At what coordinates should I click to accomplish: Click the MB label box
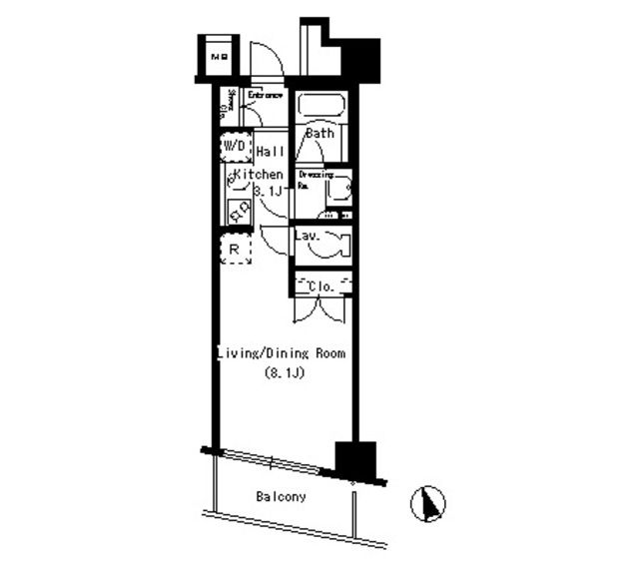(x=219, y=57)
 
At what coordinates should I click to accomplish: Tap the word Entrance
(x=267, y=95)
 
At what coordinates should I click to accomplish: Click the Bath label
(x=319, y=133)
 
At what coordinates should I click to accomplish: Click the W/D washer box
(x=235, y=147)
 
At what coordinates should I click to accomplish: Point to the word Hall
(x=270, y=152)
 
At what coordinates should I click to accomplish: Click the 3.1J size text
(x=269, y=190)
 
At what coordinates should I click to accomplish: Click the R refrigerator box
(x=235, y=249)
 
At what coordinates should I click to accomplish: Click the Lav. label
(x=307, y=236)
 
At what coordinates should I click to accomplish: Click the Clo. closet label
(x=321, y=286)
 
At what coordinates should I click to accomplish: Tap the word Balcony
(x=281, y=496)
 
